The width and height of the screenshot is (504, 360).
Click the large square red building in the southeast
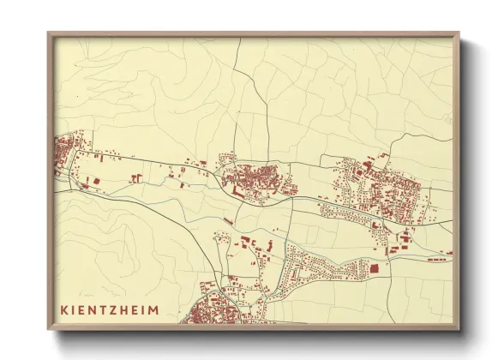374,268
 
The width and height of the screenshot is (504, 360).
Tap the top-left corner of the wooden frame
49,33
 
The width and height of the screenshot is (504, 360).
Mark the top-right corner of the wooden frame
459,33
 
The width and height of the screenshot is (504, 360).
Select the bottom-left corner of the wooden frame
49,329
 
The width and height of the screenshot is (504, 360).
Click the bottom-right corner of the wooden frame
459,329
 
